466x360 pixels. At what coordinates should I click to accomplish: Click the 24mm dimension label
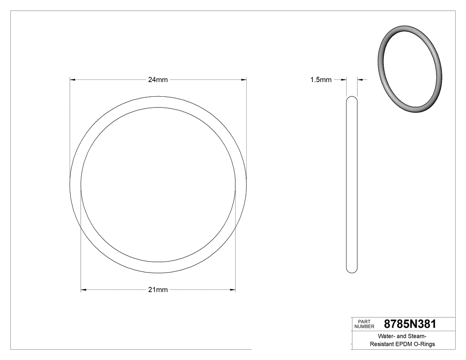tap(158, 80)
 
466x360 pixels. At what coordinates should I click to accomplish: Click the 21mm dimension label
tap(158, 290)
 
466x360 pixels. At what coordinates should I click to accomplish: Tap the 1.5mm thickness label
tap(320, 80)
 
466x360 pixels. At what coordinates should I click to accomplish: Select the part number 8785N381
tap(411, 324)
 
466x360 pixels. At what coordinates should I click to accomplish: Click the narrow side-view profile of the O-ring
tap(351, 184)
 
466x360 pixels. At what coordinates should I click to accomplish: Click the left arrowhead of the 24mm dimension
tap(73, 80)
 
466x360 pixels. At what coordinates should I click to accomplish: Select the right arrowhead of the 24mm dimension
tap(244, 80)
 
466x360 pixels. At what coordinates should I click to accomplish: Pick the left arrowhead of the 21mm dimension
tap(83, 290)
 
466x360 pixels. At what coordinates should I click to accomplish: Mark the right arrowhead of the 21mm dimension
tap(233, 290)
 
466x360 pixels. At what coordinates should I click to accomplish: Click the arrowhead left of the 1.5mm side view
tap(344, 80)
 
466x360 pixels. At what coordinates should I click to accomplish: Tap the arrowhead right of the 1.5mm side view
tap(359, 80)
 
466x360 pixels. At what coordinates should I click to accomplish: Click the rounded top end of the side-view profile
tap(351, 99)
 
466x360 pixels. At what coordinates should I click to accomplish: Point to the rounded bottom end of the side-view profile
tap(351, 270)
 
